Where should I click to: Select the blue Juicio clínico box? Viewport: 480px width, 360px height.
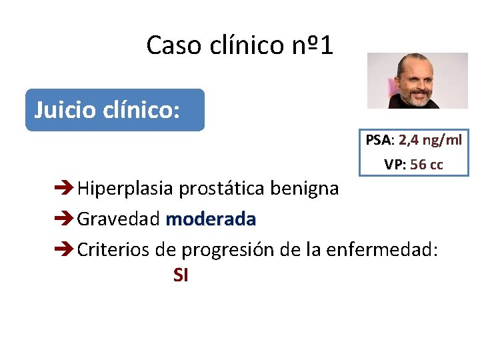coord(115,110)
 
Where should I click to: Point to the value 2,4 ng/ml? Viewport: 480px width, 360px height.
coord(430,140)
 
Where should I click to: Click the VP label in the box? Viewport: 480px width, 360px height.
coord(395,164)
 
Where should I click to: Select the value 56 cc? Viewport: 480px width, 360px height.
coord(427,164)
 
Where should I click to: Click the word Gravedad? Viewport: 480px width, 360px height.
coord(119,219)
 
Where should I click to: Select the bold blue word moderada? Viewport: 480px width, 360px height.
coord(211,219)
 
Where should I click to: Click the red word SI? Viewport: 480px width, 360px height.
coord(180,275)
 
